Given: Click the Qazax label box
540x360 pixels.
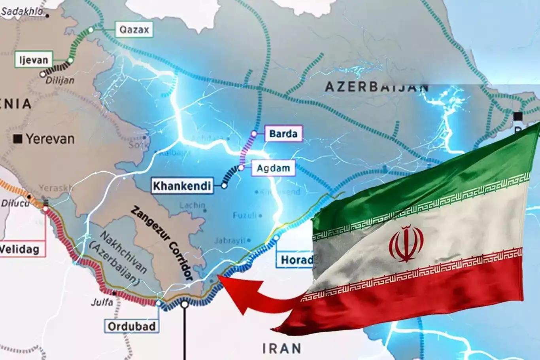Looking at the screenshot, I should click(x=134, y=30).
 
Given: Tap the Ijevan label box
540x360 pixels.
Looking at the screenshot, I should click(x=34, y=60).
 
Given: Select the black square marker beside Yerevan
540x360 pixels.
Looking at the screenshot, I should click(x=17, y=139).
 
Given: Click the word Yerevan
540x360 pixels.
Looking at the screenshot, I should click(x=50, y=139).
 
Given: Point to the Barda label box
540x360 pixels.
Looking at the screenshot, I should click(x=283, y=134).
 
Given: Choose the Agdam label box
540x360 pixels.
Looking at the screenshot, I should click(x=273, y=168).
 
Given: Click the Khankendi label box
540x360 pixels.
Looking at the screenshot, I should click(x=182, y=186).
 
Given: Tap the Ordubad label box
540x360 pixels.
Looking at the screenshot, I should click(x=132, y=326).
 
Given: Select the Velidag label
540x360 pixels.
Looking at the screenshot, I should click(x=20, y=249).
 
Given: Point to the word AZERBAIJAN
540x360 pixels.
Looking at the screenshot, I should click(x=376, y=87).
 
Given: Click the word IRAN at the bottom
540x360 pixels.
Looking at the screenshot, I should click(x=281, y=349).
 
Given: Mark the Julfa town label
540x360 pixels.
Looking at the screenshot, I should click(x=102, y=302).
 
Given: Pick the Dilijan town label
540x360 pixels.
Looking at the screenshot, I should click(x=60, y=80).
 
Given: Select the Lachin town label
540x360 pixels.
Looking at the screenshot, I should click(x=192, y=205).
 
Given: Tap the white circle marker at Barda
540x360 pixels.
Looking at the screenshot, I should click(x=254, y=134).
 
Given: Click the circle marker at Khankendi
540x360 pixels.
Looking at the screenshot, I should click(x=224, y=186).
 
